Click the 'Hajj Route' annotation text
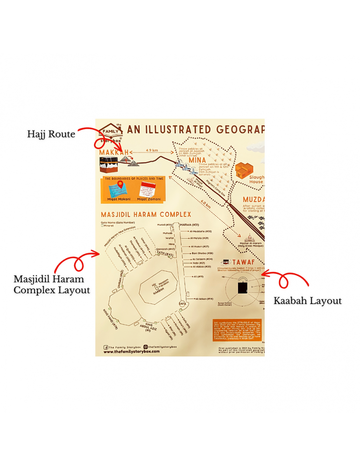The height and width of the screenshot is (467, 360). click(51, 134)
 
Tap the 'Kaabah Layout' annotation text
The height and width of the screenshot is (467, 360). click(307, 301)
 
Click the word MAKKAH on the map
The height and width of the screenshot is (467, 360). click(113, 152)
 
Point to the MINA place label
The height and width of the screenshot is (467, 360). click(198, 160)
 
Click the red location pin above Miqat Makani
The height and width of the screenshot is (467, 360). click(120, 184)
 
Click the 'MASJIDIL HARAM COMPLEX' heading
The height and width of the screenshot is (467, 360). click(146, 214)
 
